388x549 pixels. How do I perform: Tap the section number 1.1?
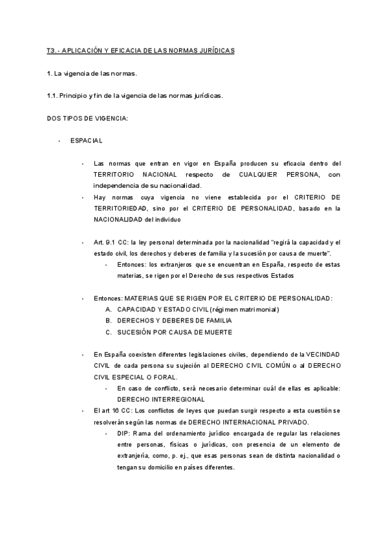(53, 95)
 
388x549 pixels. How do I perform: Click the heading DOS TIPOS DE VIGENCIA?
(87, 118)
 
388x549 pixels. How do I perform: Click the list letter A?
(108, 309)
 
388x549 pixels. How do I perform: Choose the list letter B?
(108, 320)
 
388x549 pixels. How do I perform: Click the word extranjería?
(135, 456)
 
